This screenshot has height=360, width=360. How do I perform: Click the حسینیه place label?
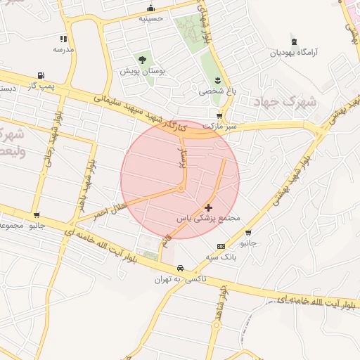click(x=150, y=19)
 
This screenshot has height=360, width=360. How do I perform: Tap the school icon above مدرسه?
click(x=63, y=39)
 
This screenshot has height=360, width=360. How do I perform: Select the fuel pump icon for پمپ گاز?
click(x=40, y=75)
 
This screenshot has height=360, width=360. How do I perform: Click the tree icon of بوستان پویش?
click(x=143, y=60)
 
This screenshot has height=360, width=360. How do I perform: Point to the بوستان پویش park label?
click(x=143, y=72)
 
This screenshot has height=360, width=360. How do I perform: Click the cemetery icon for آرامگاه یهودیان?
click(x=294, y=41)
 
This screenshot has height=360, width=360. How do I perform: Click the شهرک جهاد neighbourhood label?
click(x=286, y=103)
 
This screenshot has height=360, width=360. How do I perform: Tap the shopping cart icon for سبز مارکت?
click(x=219, y=116)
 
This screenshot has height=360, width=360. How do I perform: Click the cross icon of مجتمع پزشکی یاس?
click(x=208, y=207)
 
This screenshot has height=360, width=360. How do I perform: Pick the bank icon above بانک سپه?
click(x=221, y=246)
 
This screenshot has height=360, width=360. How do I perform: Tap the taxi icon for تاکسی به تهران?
click(x=181, y=268)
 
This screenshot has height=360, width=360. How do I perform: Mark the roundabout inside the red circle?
click(x=181, y=188)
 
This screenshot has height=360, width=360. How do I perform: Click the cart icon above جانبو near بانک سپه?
click(x=248, y=232)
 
